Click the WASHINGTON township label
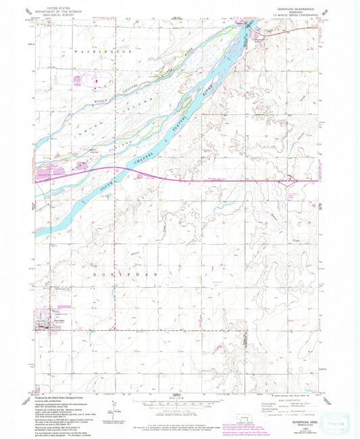[103, 51]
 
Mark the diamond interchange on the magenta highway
[142, 175]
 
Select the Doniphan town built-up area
[43, 327]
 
